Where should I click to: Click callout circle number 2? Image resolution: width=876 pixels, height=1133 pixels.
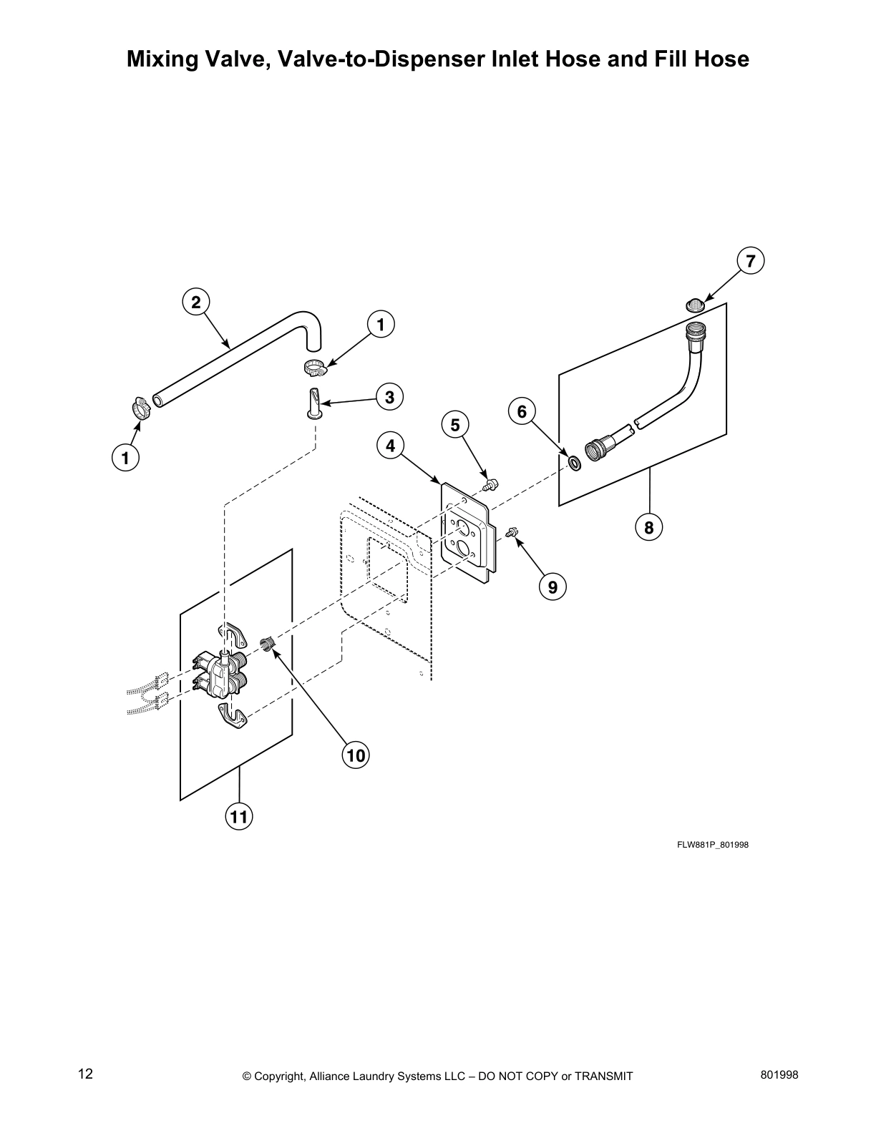[195, 302]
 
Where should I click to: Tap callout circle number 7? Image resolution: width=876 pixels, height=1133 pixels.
[750, 262]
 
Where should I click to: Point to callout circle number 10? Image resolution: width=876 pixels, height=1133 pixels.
[355, 755]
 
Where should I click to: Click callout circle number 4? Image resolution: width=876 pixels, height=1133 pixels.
[390, 446]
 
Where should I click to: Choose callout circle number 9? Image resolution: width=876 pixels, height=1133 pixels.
[553, 587]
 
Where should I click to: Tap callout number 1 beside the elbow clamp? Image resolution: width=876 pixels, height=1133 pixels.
[381, 325]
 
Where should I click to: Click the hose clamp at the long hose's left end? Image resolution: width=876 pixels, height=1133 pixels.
[142, 408]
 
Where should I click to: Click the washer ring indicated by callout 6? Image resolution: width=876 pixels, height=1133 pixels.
[574, 462]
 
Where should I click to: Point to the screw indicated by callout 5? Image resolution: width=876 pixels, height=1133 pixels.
[490, 485]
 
